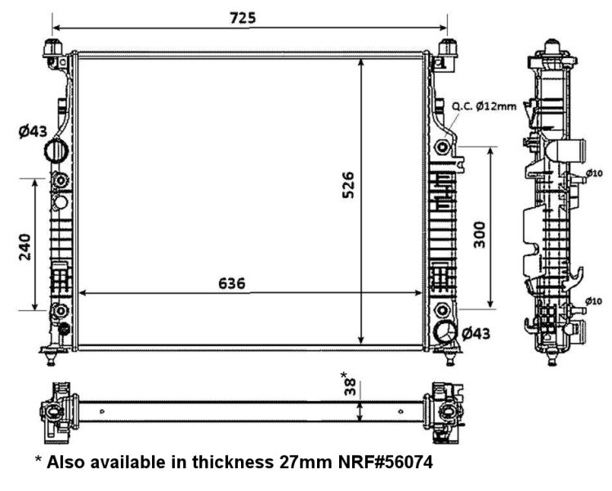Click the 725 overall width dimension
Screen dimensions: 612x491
(x=243, y=18)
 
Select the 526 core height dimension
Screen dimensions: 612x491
(x=348, y=185)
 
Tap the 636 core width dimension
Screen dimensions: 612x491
(x=232, y=283)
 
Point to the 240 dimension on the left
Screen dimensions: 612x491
(x=25, y=246)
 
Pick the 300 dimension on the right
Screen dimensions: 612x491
(x=480, y=235)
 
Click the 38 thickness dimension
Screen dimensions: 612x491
(x=350, y=386)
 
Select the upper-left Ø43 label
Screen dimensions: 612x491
(x=33, y=132)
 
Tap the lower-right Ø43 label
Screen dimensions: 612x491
(x=476, y=333)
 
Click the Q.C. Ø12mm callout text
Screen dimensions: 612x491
(x=484, y=106)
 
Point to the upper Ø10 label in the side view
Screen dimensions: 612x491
(x=594, y=173)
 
